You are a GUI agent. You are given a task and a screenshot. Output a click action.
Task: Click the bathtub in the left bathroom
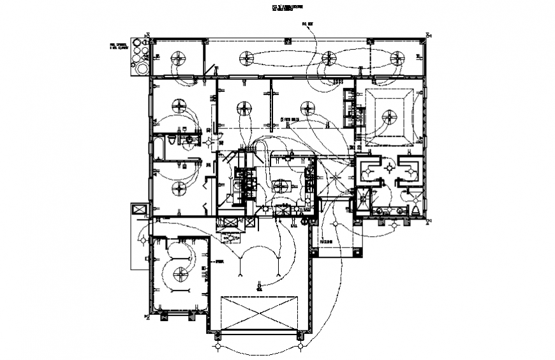click(x=158, y=147)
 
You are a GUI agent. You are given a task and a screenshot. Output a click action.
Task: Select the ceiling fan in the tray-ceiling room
click(x=389, y=116)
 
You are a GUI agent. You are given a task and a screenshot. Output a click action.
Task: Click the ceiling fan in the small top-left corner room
click(x=178, y=59)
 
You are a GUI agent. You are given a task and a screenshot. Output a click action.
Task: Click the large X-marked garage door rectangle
click(x=258, y=313)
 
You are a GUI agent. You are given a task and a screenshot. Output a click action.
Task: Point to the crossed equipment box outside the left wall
click(x=139, y=209)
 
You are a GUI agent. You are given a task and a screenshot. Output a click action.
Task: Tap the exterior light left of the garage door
click(x=218, y=346)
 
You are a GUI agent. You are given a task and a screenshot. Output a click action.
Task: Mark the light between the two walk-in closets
click(x=389, y=167)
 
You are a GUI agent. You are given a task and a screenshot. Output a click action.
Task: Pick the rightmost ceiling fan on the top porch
click(x=398, y=59)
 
